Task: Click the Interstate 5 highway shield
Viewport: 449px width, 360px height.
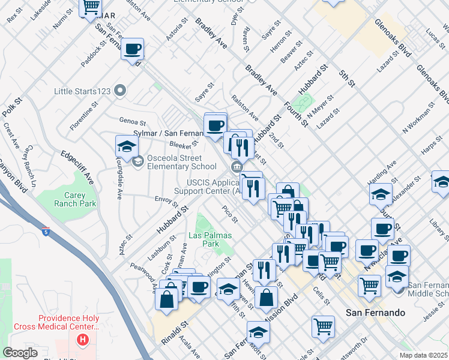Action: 47,230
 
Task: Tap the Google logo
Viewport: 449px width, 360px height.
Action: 20,353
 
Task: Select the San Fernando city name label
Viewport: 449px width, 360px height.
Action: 375,313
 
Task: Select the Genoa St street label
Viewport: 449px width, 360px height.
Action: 133,121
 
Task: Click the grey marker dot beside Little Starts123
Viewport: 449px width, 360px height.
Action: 121,91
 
